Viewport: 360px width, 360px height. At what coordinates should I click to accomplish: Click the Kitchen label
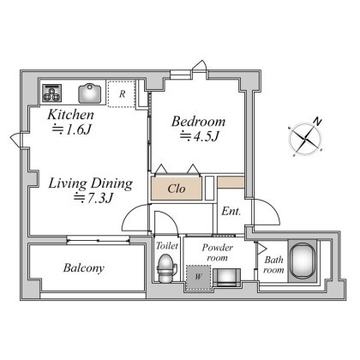pyautogui.click(x=70, y=115)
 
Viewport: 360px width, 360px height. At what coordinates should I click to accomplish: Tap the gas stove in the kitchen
pyautogui.click(x=51, y=93)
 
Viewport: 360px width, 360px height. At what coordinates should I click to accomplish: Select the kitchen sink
pyautogui.click(x=90, y=93)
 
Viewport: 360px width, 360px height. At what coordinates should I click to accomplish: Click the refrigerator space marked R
pyautogui.click(x=122, y=93)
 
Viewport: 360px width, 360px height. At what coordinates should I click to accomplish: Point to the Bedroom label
pyautogui.click(x=198, y=122)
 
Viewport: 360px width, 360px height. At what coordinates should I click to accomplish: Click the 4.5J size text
pyautogui.click(x=199, y=136)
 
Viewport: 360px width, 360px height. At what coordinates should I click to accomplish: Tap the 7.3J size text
pyautogui.click(x=93, y=198)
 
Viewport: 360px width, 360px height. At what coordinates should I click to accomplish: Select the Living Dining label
pyautogui.click(x=90, y=183)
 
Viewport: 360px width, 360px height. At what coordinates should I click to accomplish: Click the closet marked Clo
pyautogui.click(x=177, y=189)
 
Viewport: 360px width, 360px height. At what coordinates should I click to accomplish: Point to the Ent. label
pyautogui.click(x=231, y=212)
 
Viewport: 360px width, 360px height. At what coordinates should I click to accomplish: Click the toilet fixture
pyautogui.click(x=166, y=268)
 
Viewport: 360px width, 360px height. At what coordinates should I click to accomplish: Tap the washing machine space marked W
pyautogui.click(x=199, y=277)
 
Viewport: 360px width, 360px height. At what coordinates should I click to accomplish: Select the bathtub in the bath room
pyautogui.click(x=303, y=261)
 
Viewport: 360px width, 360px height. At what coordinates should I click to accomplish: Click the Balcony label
pyautogui.click(x=84, y=268)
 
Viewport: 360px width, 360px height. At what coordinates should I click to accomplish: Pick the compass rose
pyautogui.click(x=305, y=138)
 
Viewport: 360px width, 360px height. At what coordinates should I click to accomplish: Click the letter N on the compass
pyautogui.click(x=317, y=122)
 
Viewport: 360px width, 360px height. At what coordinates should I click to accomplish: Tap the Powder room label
pyautogui.click(x=218, y=253)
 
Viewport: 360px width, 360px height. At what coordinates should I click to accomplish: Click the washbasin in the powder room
pyautogui.click(x=227, y=277)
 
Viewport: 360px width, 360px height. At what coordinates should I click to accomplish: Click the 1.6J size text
pyautogui.click(x=71, y=129)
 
